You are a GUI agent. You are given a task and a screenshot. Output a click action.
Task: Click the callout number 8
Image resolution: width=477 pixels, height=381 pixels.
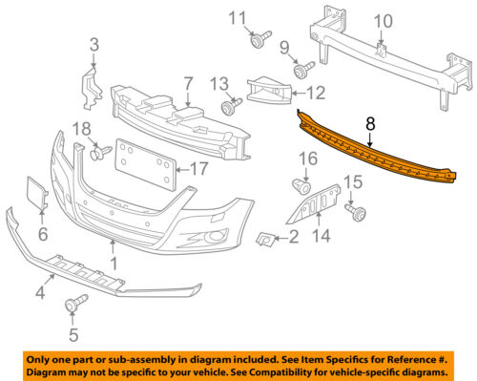coord(370,122)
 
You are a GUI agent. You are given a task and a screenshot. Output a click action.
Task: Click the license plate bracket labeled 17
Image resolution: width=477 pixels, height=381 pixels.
coord(145,165)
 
